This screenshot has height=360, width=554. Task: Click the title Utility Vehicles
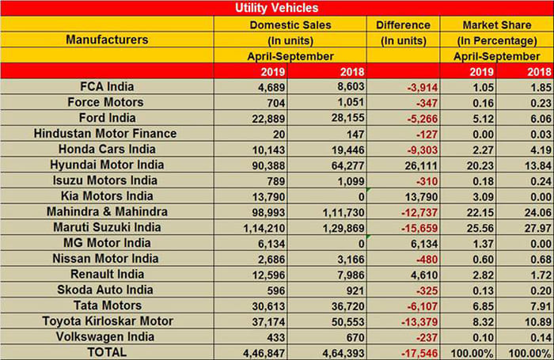(277, 8)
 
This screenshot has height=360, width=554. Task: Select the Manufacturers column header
(107, 39)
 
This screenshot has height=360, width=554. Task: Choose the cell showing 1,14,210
(250, 226)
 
